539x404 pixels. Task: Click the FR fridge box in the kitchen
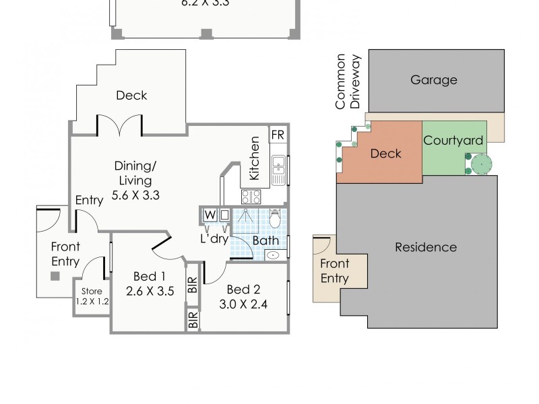pyautogui.click(x=277, y=135)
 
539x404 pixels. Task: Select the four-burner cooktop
pyautogui.click(x=251, y=197)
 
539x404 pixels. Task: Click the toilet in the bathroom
pyautogui.click(x=275, y=218)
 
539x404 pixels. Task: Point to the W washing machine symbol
pyautogui.click(x=210, y=215)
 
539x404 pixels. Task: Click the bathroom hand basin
pyautogui.click(x=273, y=255)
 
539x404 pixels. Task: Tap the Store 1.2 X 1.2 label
pyautogui.click(x=92, y=296)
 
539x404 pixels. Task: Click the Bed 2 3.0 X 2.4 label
pyautogui.click(x=243, y=296)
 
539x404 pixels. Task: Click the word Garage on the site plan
pyautogui.click(x=433, y=80)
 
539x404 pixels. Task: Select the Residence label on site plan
pyautogui.click(x=425, y=247)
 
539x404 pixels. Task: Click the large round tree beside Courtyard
pyautogui.click(x=482, y=164)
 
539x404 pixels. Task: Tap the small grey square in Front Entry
pyautogui.click(x=55, y=276)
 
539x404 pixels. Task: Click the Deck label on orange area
pyautogui.click(x=386, y=154)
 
